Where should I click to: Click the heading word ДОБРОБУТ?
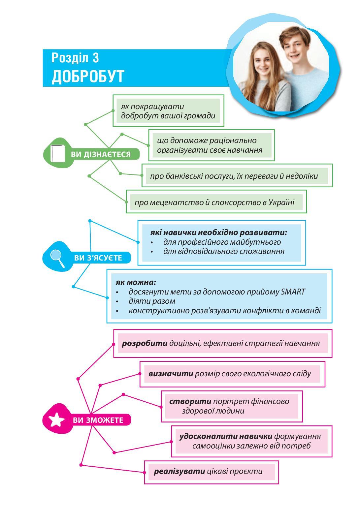pos(87,76)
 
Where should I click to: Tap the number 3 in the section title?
pos(95,58)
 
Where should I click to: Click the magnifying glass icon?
pos(57,258)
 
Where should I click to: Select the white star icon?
pos(56,420)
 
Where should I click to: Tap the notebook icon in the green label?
pos(57,153)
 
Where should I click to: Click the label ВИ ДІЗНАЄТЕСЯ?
pos(101,154)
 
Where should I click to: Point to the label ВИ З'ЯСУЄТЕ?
pos(98,258)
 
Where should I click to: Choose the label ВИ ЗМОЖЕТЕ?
pos(98,420)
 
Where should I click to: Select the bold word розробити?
pos(145,343)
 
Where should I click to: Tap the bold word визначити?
pos(171,374)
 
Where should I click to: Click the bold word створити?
pos(190,401)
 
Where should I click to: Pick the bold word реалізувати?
pos(179,471)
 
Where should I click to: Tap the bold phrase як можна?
pos(136,283)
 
